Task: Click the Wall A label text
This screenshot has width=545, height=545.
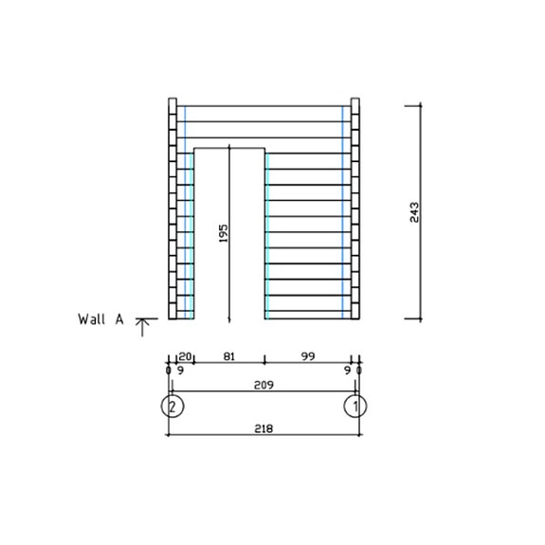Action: [x=100, y=319]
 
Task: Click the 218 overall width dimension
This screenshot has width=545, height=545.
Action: [x=263, y=428]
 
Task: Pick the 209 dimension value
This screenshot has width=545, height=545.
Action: [x=263, y=386]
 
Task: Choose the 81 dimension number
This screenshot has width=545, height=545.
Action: [x=228, y=355]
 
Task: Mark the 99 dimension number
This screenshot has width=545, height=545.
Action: [x=308, y=355]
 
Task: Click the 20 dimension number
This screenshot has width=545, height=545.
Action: [x=186, y=355]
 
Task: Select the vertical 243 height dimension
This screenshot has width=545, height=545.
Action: [x=414, y=211]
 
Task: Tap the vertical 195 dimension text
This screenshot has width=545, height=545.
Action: [x=223, y=232]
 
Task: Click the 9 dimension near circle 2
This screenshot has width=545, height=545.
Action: [x=179, y=371]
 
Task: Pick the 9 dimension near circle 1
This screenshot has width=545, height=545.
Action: [x=348, y=371]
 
